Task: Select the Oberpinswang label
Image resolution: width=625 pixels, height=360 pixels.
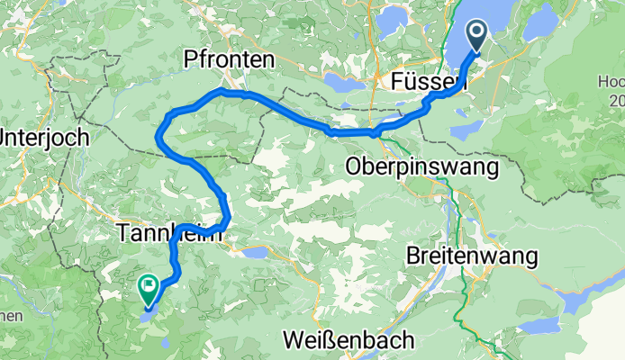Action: (421, 166)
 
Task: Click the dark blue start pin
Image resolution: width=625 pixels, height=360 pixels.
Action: (476, 37)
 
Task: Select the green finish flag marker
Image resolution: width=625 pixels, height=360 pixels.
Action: (149, 287)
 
